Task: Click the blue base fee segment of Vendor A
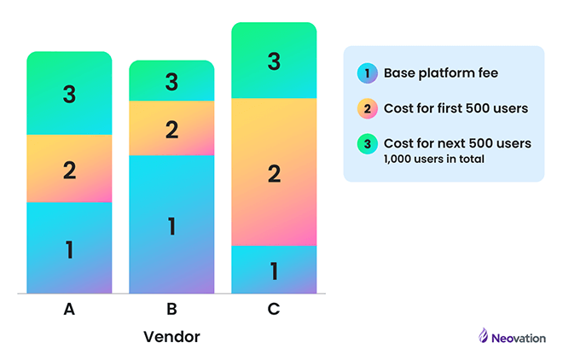[x=69, y=248]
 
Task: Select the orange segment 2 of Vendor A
[x=69, y=169]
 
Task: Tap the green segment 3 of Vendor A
[x=69, y=94]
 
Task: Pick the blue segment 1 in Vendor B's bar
[x=171, y=224]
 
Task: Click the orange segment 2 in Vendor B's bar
[x=171, y=129]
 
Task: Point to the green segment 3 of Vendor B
[x=171, y=81]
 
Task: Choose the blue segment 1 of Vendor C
[x=274, y=270]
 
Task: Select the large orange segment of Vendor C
[x=274, y=172]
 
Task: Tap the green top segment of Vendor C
[x=274, y=61]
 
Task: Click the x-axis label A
[x=69, y=310]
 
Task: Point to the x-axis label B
[x=171, y=310]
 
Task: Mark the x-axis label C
[x=274, y=310]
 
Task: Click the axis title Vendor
[x=171, y=336]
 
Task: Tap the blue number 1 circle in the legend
[x=367, y=73]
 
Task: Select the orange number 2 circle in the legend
[x=367, y=108]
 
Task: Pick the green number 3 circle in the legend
[x=367, y=143]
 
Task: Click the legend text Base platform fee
[x=440, y=73]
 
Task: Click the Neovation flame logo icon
[x=483, y=336]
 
